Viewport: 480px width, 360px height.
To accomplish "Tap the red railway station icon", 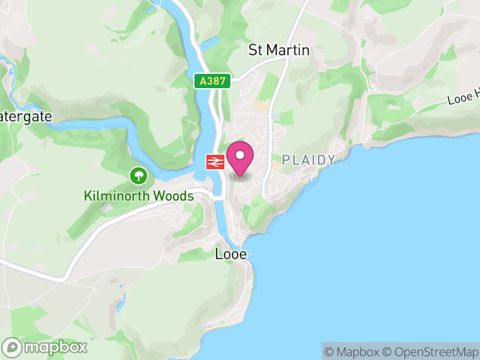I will point(215,161).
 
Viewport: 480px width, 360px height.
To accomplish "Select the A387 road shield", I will point(212,82).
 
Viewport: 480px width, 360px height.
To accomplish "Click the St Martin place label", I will point(279,50).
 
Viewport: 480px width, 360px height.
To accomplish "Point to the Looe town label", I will point(231,254).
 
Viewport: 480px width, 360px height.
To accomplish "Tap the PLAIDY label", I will point(308,160).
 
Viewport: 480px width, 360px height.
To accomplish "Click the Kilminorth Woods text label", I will point(139,196).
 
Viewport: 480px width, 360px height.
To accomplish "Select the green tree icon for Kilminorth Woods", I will point(139,176).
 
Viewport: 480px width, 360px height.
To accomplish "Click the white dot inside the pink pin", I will point(241,155).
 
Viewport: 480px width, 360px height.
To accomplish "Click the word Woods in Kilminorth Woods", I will point(173,196).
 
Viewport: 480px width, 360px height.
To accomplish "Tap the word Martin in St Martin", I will point(288,50).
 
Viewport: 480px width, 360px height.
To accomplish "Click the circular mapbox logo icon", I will point(12,347).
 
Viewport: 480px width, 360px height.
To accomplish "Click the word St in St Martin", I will point(256,50).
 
